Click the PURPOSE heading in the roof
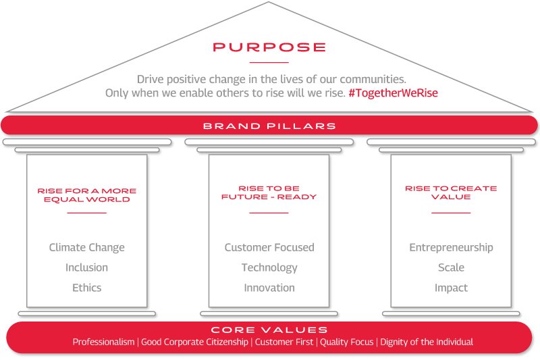pyautogui.click(x=269, y=47)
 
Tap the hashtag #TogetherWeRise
pyautogui.click(x=393, y=93)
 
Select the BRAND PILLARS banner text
pyautogui.click(x=269, y=126)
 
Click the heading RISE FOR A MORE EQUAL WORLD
pyautogui.click(x=87, y=195)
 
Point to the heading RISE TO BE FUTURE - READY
pyautogui.click(x=269, y=192)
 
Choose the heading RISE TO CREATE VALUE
pyautogui.click(x=451, y=192)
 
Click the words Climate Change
pyautogui.click(x=87, y=248)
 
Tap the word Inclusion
pyautogui.click(x=87, y=267)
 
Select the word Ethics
pyautogui.click(x=87, y=288)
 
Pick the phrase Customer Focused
pyautogui.click(x=269, y=247)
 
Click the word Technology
pyautogui.click(x=269, y=267)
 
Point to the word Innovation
pyautogui.click(x=269, y=288)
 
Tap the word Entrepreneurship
pyautogui.click(x=451, y=248)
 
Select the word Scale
pyautogui.click(x=451, y=267)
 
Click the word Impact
pyautogui.click(x=451, y=288)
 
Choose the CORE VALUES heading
pyautogui.click(x=269, y=330)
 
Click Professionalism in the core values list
pyautogui.click(x=104, y=342)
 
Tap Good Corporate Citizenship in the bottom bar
pyautogui.click(x=194, y=342)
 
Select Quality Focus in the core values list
pyautogui.click(x=347, y=342)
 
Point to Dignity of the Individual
pyautogui.click(x=427, y=342)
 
